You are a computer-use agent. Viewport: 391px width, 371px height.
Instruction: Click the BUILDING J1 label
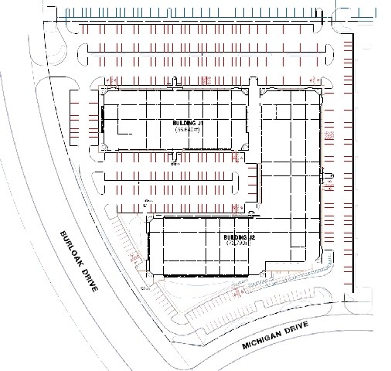point(186,122)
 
